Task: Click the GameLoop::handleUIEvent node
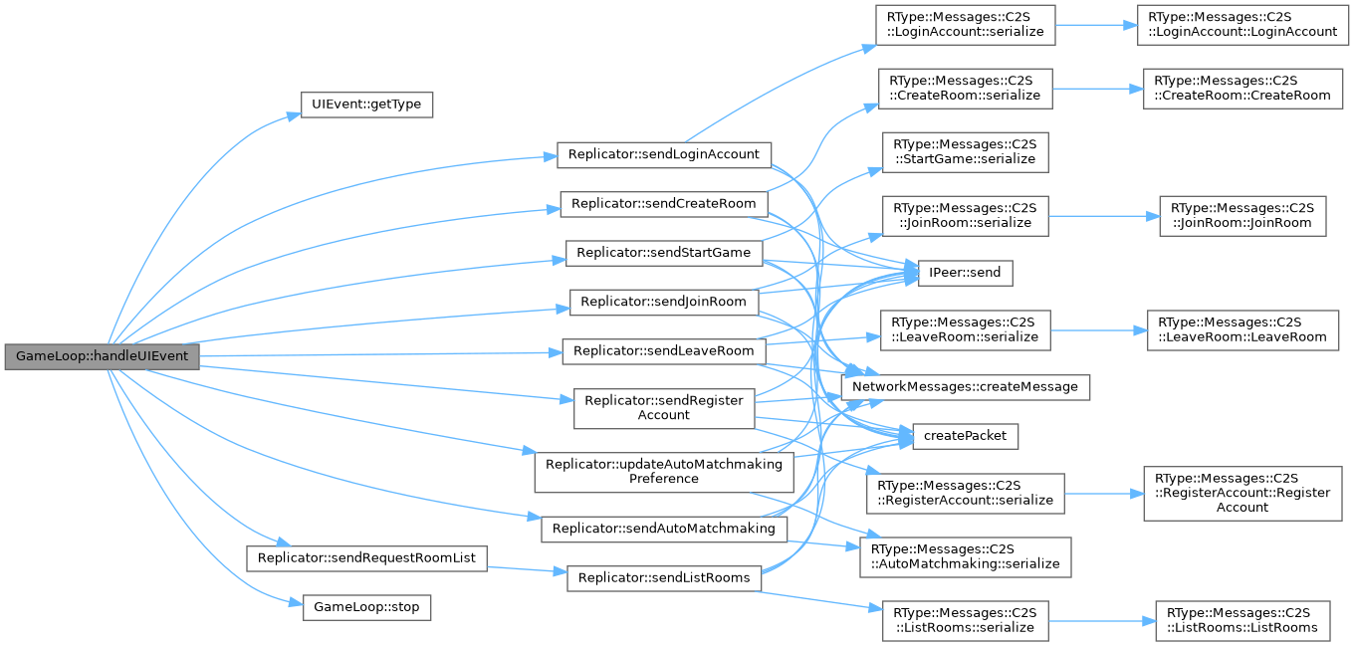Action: tap(102, 356)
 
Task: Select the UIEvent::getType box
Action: tap(367, 105)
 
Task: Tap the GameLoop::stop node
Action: tap(366, 606)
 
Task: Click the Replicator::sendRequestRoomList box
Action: tap(366, 557)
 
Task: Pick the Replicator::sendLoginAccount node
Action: tap(664, 154)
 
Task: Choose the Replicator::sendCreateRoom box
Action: tap(664, 204)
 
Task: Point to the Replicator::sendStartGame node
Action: tap(664, 253)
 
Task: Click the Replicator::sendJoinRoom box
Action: tap(664, 302)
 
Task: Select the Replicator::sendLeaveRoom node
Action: tap(664, 351)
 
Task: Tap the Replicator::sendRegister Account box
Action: tap(664, 407)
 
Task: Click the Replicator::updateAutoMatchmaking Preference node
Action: tap(664, 471)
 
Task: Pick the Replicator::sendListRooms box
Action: tap(664, 577)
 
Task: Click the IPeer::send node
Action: tap(965, 273)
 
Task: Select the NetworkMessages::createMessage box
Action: tap(965, 386)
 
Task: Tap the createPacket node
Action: tap(965, 435)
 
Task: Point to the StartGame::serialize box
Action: tap(965, 151)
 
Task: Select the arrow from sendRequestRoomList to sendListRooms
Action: tap(527, 568)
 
